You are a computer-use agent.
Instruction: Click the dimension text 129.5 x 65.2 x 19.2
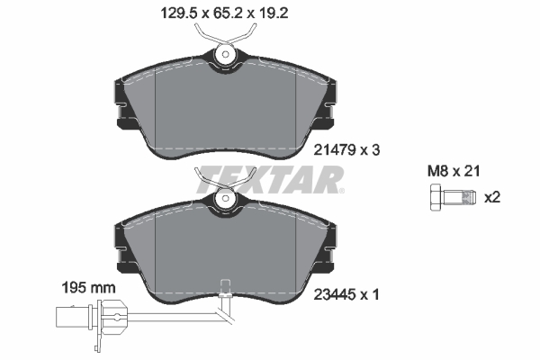tap(224, 13)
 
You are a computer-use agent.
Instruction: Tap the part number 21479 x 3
tap(346, 150)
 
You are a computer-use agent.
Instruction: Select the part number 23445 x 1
tap(346, 295)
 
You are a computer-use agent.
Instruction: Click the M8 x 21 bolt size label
tap(454, 171)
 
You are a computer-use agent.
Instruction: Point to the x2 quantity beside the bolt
tap(492, 198)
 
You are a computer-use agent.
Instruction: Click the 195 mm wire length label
tap(88, 288)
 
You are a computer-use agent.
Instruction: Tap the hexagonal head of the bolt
tap(436, 197)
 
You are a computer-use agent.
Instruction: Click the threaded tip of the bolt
tap(469, 197)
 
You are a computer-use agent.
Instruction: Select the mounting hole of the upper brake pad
tap(226, 54)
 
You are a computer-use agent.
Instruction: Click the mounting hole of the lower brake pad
tap(226, 198)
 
